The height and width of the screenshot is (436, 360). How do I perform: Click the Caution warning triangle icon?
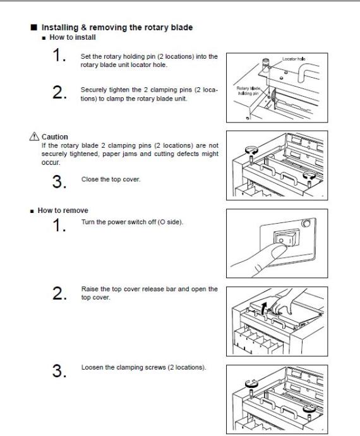(x=34, y=136)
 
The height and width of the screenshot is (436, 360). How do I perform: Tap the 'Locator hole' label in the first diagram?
(x=294, y=59)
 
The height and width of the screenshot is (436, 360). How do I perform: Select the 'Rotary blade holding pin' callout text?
(x=248, y=90)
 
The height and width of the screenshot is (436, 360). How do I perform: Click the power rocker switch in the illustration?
(x=287, y=238)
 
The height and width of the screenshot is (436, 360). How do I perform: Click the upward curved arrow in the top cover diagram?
(x=264, y=308)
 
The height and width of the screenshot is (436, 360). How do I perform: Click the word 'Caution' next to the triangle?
(x=55, y=137)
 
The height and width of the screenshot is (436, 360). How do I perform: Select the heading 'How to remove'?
(x=63, y=210)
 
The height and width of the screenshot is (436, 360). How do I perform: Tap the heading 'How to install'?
(x=73, y=37)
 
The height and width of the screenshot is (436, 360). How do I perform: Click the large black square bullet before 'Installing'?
(x=33, y=27)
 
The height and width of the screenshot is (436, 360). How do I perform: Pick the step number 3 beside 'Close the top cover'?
(x=59, y=181)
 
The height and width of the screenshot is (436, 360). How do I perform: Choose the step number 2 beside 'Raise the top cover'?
(x=59, y=293)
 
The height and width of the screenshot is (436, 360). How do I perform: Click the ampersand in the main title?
(x=83, y=28)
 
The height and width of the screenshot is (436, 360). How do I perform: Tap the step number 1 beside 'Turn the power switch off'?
(x=59, y=225)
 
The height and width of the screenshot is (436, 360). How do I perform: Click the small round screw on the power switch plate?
(x=306, y=222)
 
